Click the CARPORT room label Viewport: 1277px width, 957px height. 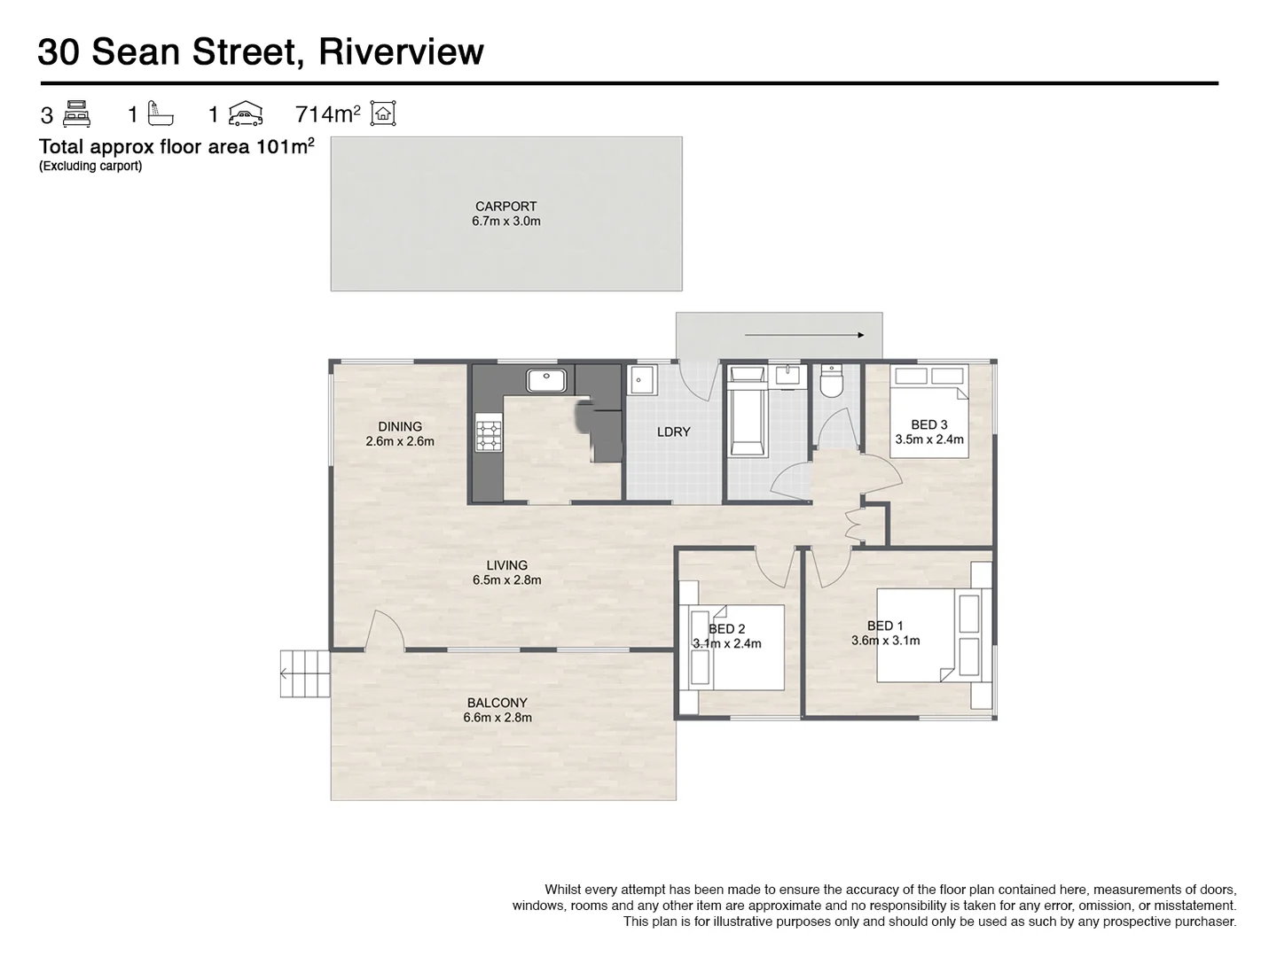pyautogui.click(x=505, y=206)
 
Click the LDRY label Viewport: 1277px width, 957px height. pyautogui.click(x=673, y=432)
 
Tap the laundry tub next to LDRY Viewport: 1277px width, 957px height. pyautogui.click(x=642, y=381)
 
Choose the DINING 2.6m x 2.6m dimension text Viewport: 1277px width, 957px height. pyautogui.click(x=400, y=441)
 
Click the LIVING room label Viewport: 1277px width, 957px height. pyautogui.click(x=506, y=565)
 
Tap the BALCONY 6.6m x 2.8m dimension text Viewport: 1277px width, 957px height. pyautogui.click(x=497, y=718)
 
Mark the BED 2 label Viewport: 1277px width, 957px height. pyautogui.click(x=726, y=629)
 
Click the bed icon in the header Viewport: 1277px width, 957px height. pyautogui.click(x=77, y=113)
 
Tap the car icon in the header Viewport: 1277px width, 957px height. pyautogui.click(x=246, y=113)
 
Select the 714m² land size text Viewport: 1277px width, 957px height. pyautogui.click(x=327, y=114)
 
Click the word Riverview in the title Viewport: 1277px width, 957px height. pyautogui.click(x=401, y=51)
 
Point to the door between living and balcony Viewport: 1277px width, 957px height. pyautogui.click(x=386, y=631)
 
